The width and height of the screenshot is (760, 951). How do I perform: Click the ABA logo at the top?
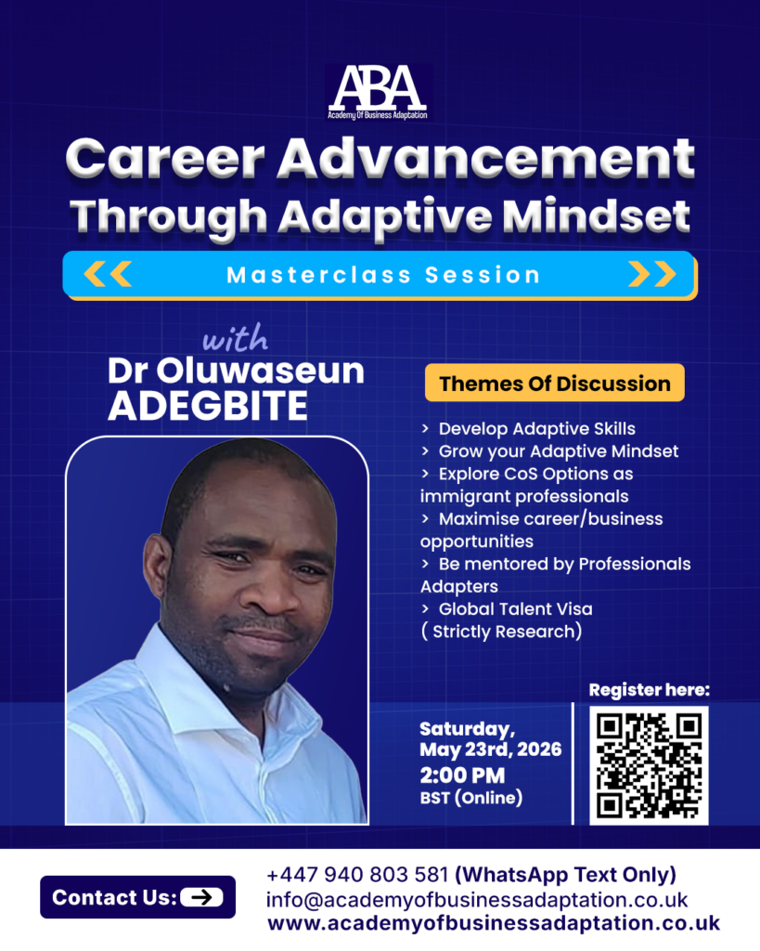coord(379,92)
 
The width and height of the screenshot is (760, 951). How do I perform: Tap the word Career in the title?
coord(165,158)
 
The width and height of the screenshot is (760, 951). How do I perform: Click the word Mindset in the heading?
coord(596,215)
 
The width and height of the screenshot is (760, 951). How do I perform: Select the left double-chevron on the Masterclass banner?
coord(108,274)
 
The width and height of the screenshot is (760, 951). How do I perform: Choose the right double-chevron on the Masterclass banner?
coord(652,274)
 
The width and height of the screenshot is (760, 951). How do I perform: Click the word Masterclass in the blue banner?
coord(319,275)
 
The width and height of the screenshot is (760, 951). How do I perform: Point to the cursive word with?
coord(235,337)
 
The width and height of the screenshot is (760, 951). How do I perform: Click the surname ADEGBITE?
coord(208,406)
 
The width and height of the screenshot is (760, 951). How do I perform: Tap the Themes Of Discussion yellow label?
coord(555,383)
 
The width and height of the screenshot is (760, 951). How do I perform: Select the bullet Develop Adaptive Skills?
coord(537,429)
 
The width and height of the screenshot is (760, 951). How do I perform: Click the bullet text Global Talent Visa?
coord(515,609)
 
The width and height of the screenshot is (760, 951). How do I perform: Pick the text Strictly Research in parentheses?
coord(503,632)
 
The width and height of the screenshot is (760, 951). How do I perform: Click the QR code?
coord(649,765)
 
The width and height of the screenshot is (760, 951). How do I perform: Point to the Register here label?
coord(649,690)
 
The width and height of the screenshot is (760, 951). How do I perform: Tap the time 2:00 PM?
coord(462,775)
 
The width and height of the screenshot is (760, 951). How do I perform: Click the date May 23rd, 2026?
coord(490,749)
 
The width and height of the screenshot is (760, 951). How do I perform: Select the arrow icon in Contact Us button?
coord(201,897)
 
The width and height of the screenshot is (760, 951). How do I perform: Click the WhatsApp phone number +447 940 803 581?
coord(357,875)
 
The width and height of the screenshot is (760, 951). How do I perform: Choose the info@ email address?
coord(477,900)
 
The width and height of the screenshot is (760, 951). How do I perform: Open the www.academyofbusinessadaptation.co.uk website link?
coord(494,924)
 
